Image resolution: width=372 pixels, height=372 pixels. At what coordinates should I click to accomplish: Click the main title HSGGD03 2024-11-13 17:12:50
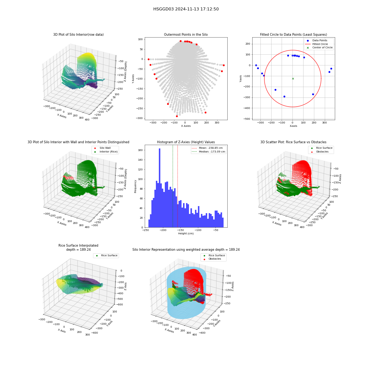click(186, 9)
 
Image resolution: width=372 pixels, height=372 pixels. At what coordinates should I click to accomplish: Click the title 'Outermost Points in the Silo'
click(186, 35)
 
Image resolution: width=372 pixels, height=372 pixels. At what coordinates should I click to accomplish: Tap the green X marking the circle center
click(293, 78)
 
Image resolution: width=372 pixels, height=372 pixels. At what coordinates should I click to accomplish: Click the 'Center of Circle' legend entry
click(319, 48)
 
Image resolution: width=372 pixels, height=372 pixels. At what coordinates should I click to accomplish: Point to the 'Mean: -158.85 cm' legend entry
click(207, 148)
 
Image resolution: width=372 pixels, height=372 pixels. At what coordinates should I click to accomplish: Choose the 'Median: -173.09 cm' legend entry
click(208, 152)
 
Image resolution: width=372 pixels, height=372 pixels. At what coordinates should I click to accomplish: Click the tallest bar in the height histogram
click(160, 188)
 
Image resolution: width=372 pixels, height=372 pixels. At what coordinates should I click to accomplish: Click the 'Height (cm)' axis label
click(186, 234)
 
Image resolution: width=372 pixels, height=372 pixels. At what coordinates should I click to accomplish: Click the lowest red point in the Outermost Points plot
click(177, 116)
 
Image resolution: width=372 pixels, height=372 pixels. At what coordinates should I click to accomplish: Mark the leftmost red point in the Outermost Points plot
click(148, 59)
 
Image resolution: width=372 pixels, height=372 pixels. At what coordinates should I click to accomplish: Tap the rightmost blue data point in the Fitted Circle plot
click(331, 68)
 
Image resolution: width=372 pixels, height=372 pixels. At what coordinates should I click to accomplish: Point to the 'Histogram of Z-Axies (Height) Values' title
click(186, 142)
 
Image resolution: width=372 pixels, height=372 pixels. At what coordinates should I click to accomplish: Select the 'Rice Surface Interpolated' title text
click(78, 246)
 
